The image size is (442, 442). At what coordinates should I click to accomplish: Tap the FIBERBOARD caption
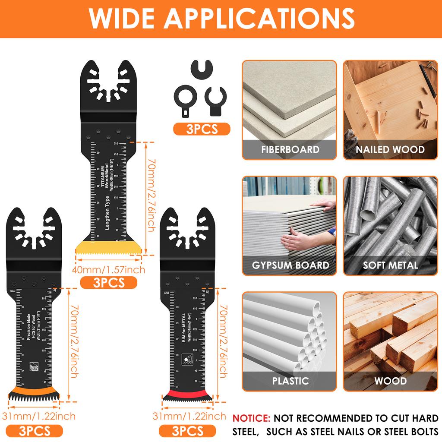[290, 150]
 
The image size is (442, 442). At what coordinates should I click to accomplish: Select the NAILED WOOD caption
[390, 150]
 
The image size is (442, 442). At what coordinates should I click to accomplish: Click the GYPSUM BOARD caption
[290, 265]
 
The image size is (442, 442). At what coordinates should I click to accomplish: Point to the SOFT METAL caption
[390, 265]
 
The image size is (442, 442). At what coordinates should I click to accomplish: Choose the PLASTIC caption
[290, 381]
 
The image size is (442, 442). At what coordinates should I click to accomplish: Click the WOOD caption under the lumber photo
[390, 381]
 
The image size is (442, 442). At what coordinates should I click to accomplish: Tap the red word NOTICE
[251, 418]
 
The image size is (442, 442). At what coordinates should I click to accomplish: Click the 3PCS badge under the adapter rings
[202, 129]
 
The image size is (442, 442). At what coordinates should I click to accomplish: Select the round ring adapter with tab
[184, 97]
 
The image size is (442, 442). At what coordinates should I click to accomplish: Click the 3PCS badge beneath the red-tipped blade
[187, 430]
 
